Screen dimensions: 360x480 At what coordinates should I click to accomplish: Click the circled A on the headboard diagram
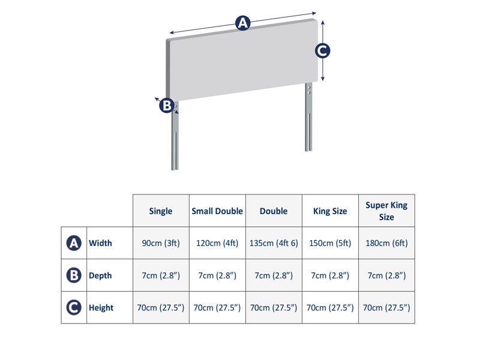(242, 23)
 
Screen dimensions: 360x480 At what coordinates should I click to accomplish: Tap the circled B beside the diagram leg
(166, 106)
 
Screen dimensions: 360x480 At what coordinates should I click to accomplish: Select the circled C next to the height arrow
(322, 51)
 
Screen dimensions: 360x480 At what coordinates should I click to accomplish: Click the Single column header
(161, 211)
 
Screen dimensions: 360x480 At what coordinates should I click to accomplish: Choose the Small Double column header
(217, 211)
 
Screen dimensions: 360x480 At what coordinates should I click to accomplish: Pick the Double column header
(274, 211)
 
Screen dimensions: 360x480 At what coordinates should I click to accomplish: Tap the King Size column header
(330, 211)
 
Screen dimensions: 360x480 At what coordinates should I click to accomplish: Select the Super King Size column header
(386, 211)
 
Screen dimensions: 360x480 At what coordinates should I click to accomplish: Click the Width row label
(100, 243)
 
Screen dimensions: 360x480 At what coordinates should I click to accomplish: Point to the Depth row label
(100, 275)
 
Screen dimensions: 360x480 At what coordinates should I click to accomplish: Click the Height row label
(101, 308)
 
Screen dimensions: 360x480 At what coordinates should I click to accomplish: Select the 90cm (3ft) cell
(161, 243)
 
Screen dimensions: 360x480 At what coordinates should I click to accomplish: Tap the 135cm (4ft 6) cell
(274, 243)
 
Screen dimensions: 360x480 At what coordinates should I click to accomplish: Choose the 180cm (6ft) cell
(386, 243)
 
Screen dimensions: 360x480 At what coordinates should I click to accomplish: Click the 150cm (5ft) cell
(330, 243)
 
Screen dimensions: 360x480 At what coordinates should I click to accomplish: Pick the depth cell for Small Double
(217, 275)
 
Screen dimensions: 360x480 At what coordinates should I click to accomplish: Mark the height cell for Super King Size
(386, 308)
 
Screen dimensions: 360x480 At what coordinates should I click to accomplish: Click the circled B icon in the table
(73, 275)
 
